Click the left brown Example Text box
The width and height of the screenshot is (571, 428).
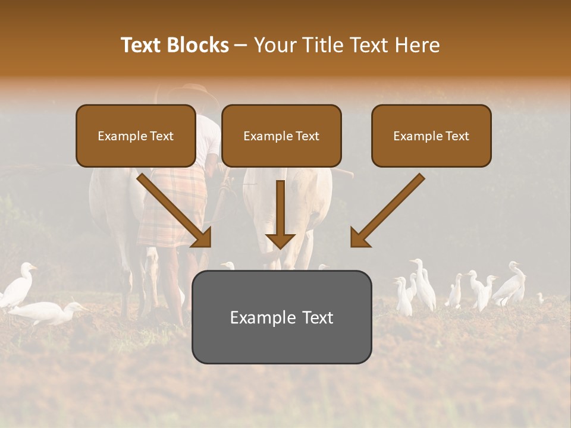coord(136,136)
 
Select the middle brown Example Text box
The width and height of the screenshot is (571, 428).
coord(281,136)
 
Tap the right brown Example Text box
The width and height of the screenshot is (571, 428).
coord(431,136)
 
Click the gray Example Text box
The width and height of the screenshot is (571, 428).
coord(281,317)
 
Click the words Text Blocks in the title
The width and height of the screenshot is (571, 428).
coord(175,45)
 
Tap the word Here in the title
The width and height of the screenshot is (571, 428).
coord(417,45)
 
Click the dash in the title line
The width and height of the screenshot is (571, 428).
coord(241,45)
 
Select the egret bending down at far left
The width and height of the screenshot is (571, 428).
coord(48,311)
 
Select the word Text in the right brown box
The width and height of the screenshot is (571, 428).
coord(458,136)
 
